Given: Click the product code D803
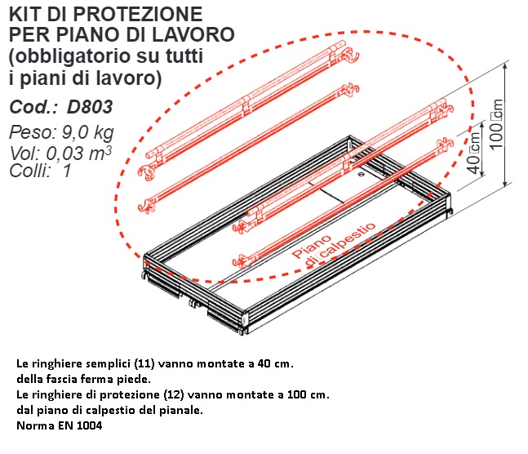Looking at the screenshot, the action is coord(90,107).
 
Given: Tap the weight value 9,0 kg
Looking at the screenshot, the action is coord(87,132).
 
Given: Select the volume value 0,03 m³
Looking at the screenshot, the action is coord(78,154).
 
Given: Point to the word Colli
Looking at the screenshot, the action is coord(30,171).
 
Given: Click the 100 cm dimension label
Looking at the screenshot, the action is coord(496,124).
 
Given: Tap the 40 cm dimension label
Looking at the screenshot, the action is coord(473,154).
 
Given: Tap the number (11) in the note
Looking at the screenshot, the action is coord(144,363).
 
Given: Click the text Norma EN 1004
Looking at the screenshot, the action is coord(60,425).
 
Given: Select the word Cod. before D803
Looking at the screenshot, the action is coord(33,107).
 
